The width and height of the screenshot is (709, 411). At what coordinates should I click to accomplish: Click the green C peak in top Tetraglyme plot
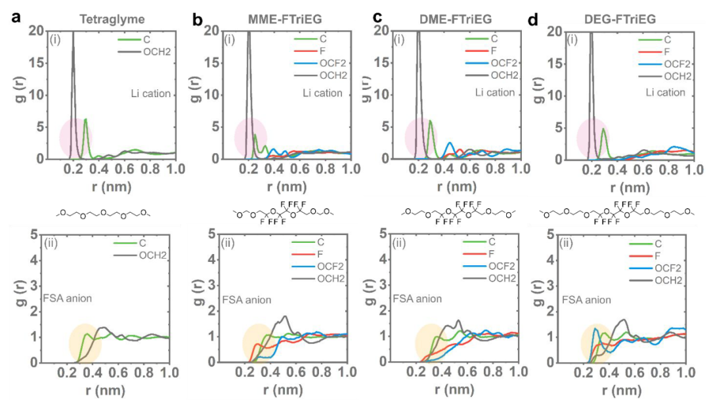pos(85,121)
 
